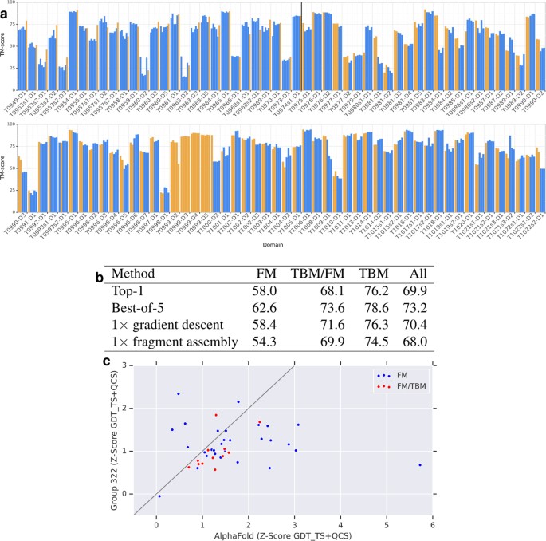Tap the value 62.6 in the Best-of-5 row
point(261,306)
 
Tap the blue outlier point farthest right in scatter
point(419,464)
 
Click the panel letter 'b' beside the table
point(99,277)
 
